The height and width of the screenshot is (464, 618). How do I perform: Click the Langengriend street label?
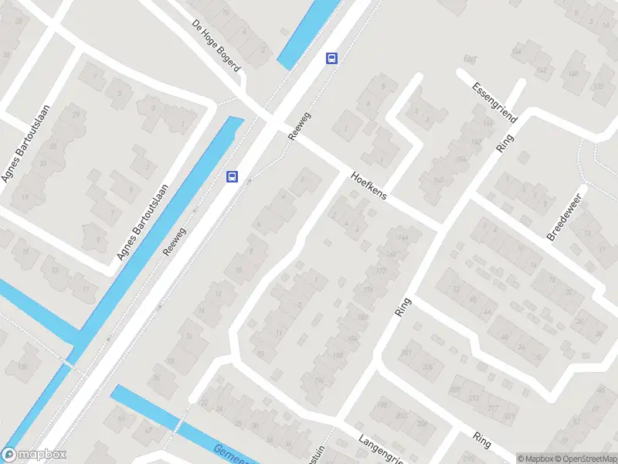click(381, 449)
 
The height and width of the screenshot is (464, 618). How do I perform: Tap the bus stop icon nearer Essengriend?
click(331, 58)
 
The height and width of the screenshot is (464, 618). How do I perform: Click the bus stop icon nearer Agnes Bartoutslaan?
click(232, 176)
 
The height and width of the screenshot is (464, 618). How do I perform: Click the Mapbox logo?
click(34, 455)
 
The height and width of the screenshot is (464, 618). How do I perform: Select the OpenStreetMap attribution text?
click(586, 459)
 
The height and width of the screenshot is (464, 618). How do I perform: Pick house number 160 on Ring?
click(439, 181)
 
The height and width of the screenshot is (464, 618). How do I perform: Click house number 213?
click(474, 399)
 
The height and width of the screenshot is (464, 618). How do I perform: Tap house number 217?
click(493, 408)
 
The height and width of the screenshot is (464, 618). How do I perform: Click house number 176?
click(368, 289)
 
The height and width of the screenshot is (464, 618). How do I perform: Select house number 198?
click(382, 404)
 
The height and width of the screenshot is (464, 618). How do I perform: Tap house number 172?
click(380, 271)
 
